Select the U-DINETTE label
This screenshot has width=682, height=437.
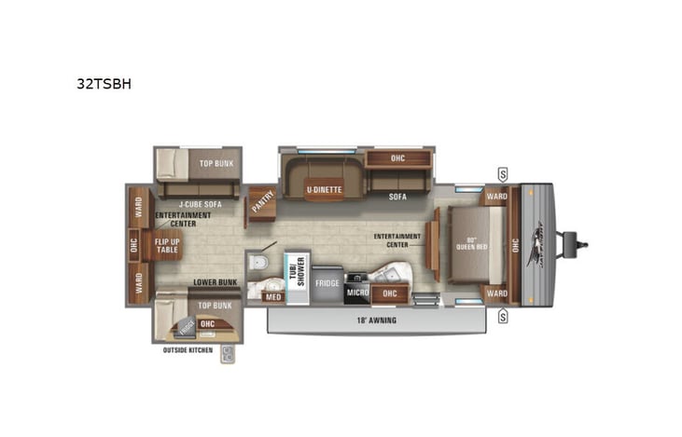324,189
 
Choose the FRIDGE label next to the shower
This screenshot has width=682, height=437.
327,281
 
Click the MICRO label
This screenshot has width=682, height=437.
357,293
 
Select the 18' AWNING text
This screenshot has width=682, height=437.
375,321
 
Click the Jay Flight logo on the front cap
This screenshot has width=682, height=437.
537,245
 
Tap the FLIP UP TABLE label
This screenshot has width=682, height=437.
168,245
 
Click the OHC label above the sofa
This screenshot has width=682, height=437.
397,157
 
